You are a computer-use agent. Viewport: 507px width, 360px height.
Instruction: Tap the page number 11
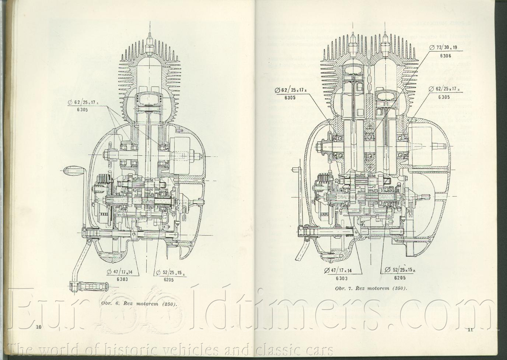click(469, 329)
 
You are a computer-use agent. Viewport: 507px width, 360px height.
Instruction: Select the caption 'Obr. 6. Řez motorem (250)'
click(139, 304)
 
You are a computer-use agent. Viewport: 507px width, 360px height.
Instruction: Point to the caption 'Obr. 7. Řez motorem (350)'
click(371, 288)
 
